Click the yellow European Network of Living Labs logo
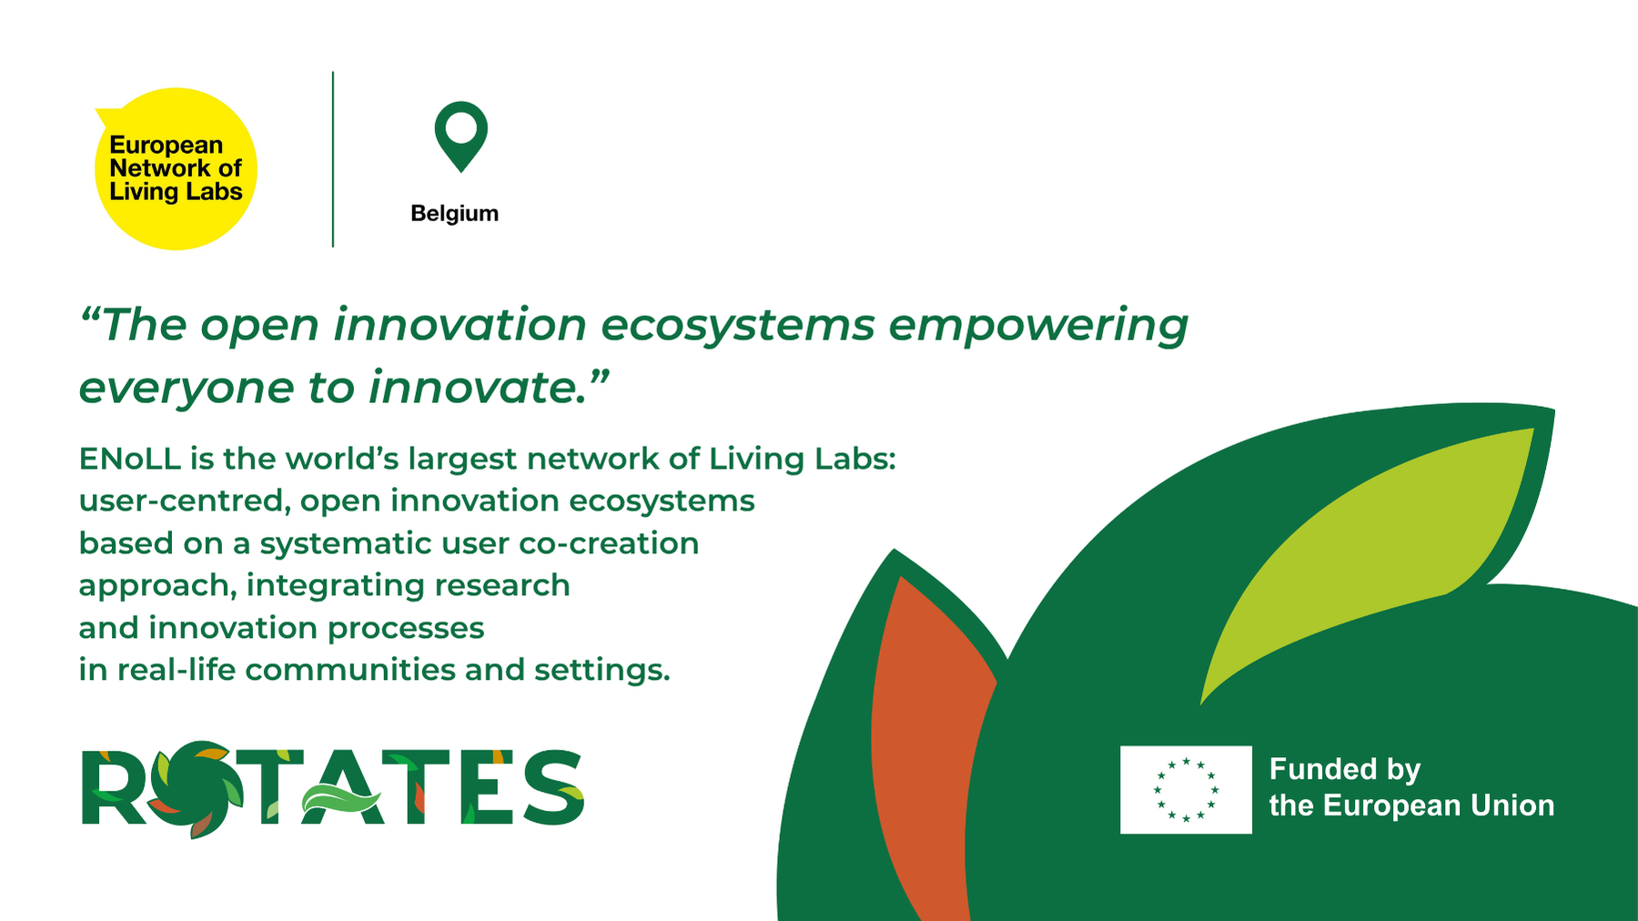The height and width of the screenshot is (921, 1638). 176,168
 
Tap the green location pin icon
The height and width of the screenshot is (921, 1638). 460,137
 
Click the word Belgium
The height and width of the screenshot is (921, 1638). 454,214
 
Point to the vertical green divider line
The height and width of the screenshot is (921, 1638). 333,159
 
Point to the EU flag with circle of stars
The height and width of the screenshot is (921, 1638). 1186,789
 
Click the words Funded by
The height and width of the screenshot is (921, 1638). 1345,770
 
